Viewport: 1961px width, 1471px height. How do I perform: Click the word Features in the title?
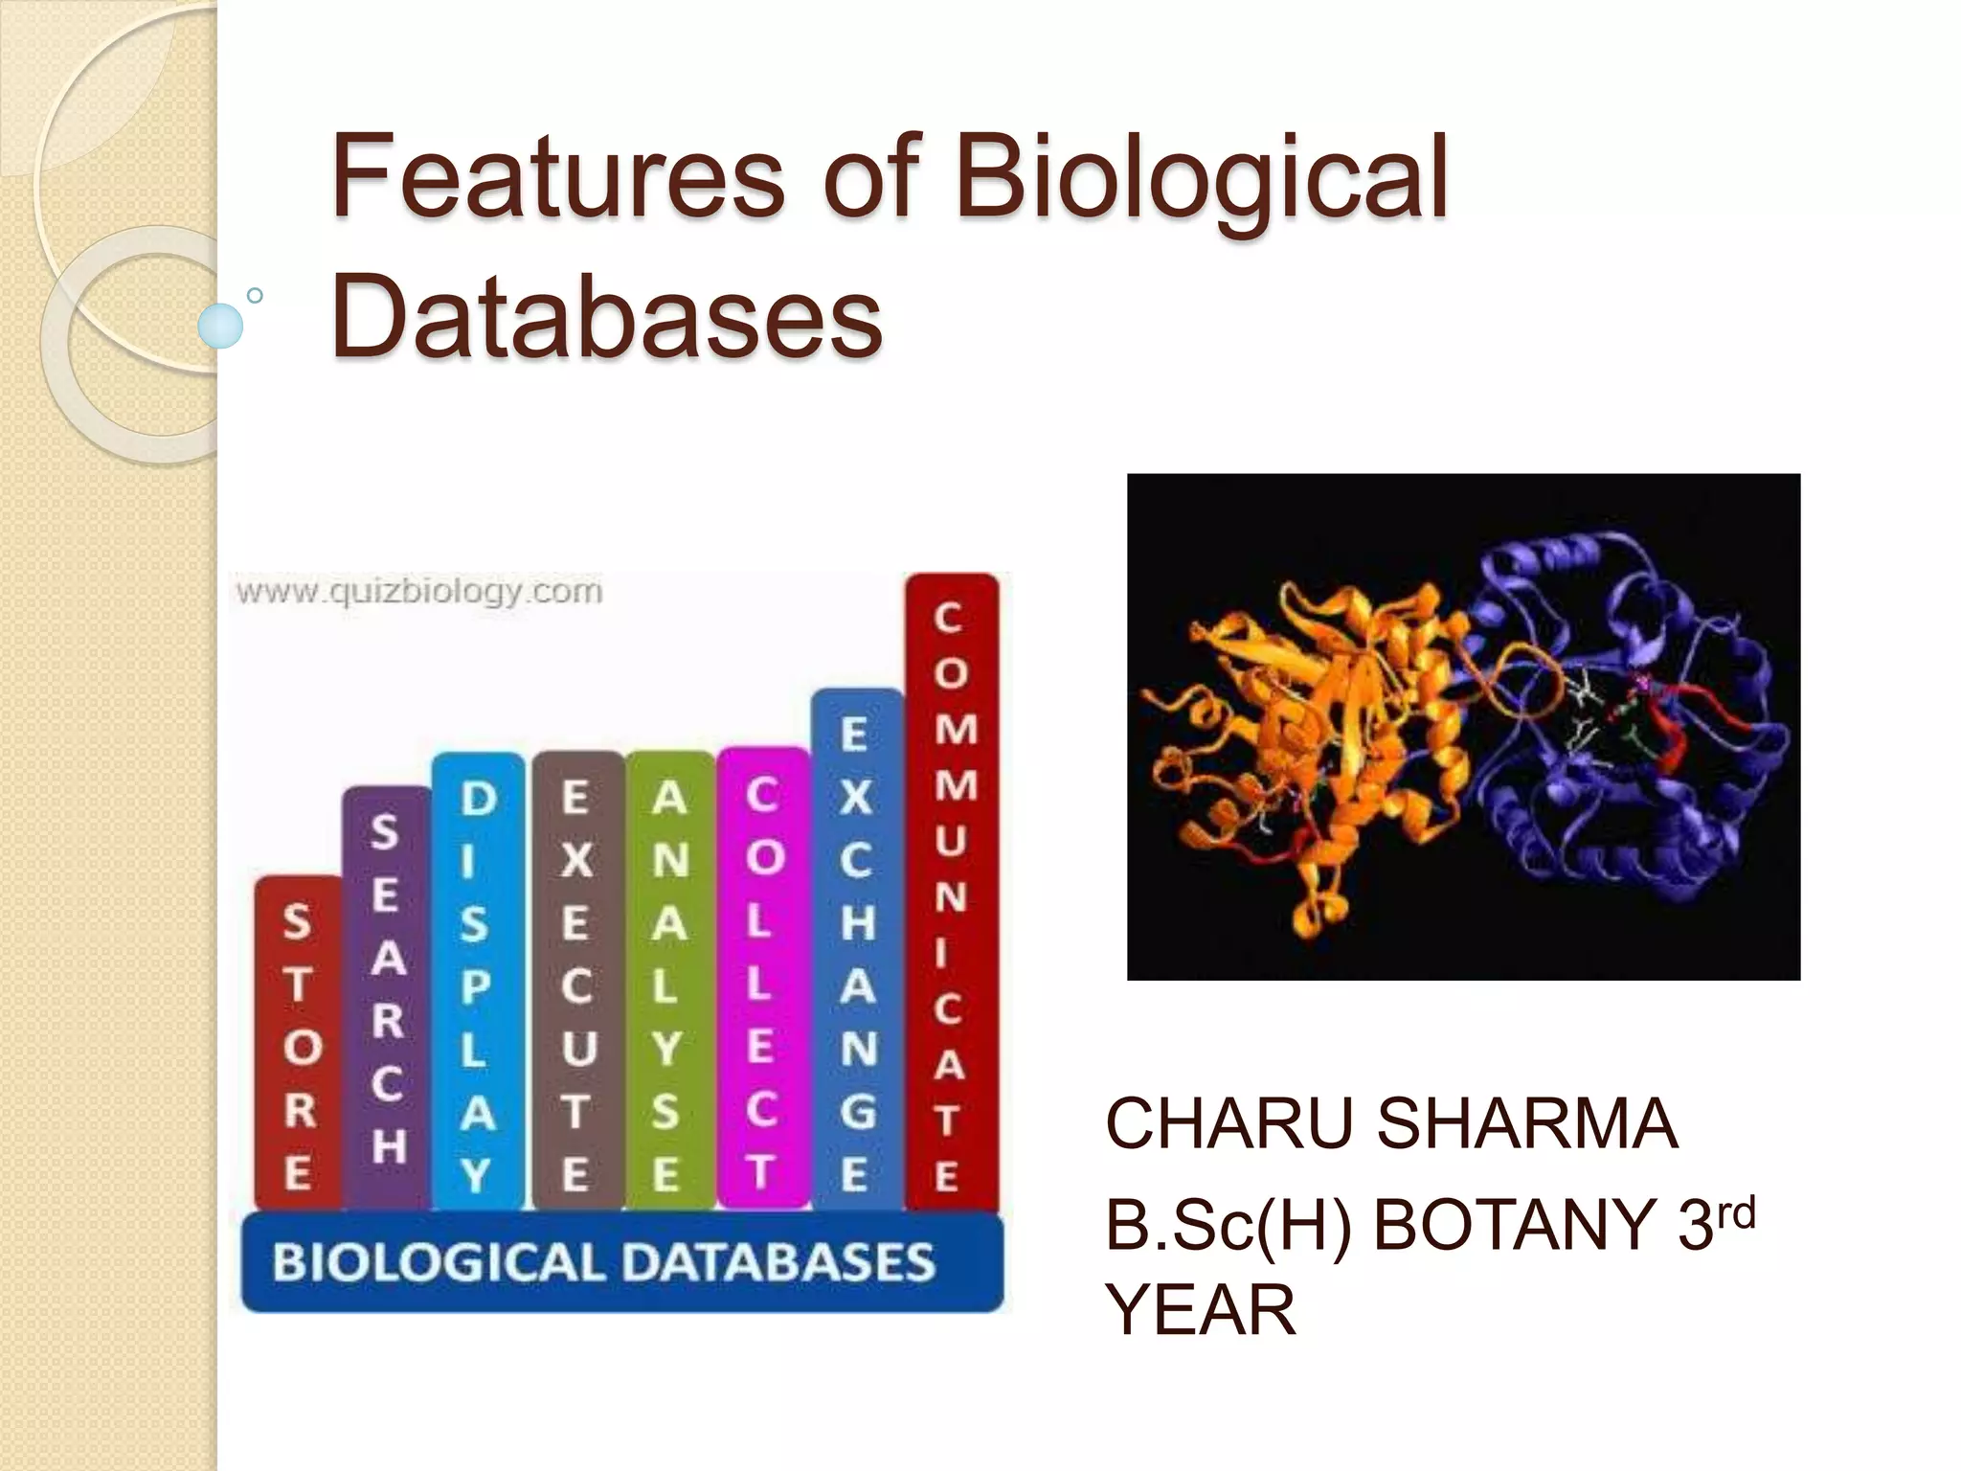point(557,178)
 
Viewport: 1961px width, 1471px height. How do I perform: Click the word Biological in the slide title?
point(1201,178)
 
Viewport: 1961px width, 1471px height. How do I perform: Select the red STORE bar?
point(298,1044)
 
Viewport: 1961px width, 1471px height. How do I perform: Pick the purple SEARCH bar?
point(387,996)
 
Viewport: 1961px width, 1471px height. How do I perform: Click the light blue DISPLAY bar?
point(478,982)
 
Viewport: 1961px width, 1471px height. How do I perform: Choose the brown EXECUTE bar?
point(575,982)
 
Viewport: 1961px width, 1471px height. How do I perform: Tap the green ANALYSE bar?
point(668,982)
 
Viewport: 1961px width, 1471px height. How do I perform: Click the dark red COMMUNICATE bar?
point(950,891)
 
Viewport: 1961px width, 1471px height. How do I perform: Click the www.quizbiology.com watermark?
point(419,592)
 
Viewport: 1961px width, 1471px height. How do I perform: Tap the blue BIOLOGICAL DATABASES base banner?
point(622,1261)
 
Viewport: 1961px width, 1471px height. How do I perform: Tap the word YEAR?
point(1201,1310)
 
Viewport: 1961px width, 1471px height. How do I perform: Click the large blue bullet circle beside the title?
point(220,327)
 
